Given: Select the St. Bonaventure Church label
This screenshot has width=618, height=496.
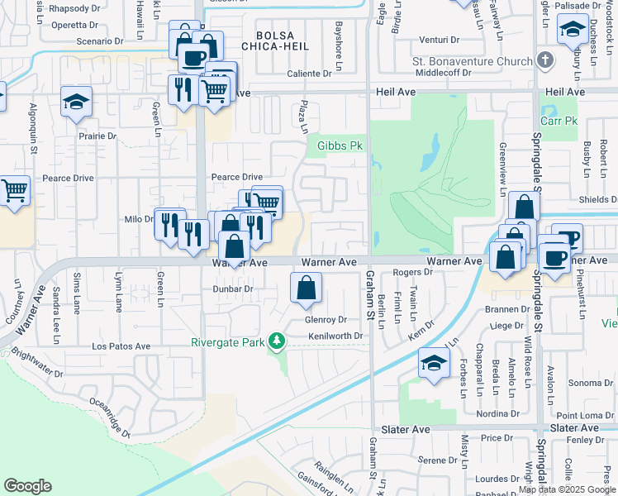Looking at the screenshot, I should point(472,60).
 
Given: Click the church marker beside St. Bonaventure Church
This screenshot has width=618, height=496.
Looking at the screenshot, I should point(544,60).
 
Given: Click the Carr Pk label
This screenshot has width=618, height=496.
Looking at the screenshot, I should point(557,121).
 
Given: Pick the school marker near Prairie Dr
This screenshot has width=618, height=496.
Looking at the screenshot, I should point(76,102).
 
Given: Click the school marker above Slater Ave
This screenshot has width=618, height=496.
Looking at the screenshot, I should point(434,363).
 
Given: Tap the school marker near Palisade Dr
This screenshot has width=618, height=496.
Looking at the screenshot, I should point(573,30).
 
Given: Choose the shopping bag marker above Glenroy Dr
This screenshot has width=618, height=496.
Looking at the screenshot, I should point(306,288).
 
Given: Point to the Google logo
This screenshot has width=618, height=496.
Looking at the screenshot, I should point(27,486).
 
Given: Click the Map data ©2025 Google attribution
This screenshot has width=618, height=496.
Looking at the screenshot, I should point(568,490).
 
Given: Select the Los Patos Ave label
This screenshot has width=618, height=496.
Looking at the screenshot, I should point(121,346).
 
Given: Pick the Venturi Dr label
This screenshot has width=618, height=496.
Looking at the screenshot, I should point(438,39).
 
